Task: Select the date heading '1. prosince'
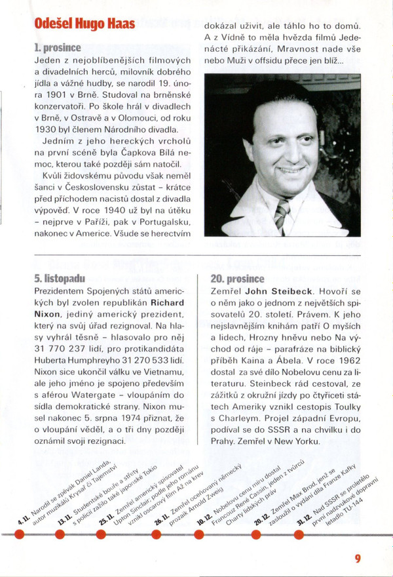point(58,48)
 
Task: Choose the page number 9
point(358,559)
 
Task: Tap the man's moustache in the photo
point(292,166)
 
